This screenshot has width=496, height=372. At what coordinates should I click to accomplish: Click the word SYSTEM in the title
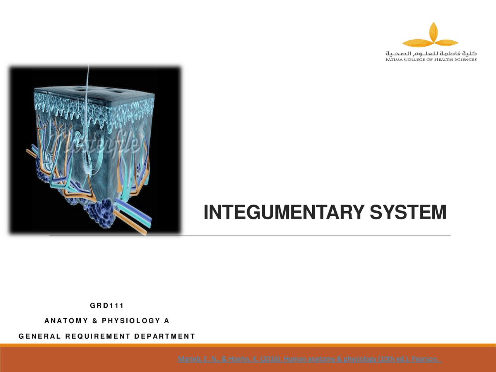(x=408, y=212)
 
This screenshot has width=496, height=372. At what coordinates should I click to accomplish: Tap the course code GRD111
(x=107, y=306)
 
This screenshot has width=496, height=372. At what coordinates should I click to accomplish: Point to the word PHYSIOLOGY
(x=131, y=321)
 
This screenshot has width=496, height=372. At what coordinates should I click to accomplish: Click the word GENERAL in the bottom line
(x=40, y=336)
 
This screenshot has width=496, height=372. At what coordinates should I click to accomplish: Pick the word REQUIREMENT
(x=98, y=336)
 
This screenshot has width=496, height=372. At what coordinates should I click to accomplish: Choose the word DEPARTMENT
(x=165, y=336)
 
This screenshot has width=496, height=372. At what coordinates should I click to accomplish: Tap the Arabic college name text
(x=431, y=53)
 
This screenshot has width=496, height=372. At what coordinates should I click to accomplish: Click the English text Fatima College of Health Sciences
(x=431, y=60)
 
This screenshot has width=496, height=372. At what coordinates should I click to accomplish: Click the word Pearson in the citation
(x=425, y=359)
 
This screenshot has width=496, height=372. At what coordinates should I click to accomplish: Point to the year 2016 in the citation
(x=270, y=359)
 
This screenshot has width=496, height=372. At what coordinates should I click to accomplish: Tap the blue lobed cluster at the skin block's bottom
(x=100, y=212)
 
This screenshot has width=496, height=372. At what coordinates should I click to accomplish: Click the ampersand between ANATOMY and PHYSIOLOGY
(x=95, y=321)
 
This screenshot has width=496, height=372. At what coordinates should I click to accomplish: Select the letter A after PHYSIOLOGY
(x=167, y=321)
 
